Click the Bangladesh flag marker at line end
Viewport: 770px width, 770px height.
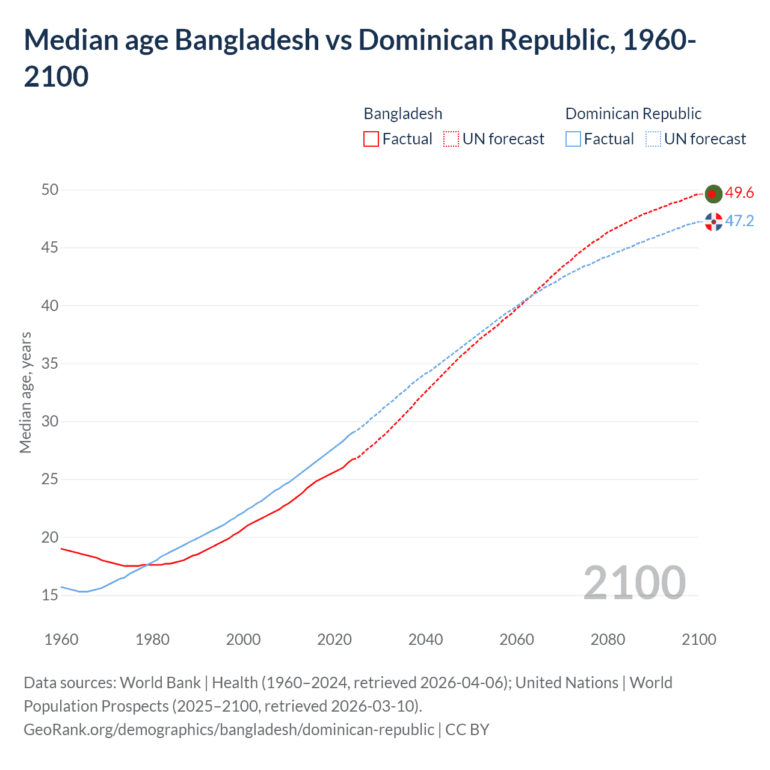tap(713, 194)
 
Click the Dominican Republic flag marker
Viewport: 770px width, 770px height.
tap(713, 222)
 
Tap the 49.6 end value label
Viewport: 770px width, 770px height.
tap(739, 193)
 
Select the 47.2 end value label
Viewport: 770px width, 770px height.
tap(739, 221)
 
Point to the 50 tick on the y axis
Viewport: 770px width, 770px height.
tap(50, 190)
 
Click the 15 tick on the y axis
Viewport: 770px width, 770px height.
tap(50, 596)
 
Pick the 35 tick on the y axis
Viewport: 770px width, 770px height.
tap(50, 364)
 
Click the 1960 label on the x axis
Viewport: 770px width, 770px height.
tap(61, 639)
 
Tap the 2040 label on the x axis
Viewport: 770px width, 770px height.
tap(425, 639)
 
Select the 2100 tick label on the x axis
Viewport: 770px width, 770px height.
tap(698, 639)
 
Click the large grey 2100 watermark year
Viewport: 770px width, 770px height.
tap(634, 583)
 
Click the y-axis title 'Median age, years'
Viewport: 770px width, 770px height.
tap(25, 392)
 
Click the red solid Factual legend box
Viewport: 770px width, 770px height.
tap(371, 139)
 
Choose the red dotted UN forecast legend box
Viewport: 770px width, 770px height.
tap(451, 139)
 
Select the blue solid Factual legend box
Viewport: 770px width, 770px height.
tap(573, 139)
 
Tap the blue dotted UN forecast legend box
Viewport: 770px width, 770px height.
tap(653, 139)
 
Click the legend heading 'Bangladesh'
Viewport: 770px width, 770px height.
tap(402, 114)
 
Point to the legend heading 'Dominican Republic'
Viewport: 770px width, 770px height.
tap(633, 114)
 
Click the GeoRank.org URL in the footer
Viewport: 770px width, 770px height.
tap(229, 730)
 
